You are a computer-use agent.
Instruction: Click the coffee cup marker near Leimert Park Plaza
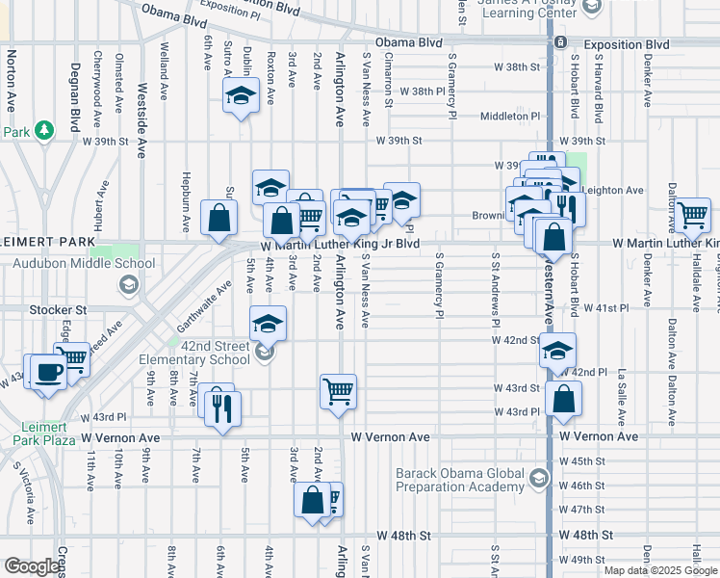coord(48,372)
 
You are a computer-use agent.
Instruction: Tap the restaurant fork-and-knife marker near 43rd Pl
coord(223,408)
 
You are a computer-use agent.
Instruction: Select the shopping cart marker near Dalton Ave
coord(692,216)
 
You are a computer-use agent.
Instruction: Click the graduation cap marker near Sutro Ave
coord(241,96)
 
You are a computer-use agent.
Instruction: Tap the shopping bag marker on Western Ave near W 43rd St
coord(563,398)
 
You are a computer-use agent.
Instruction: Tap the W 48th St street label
coord(403,535)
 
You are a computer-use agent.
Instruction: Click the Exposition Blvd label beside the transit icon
coord(627,44)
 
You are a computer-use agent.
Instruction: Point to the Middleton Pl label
coord(510,116)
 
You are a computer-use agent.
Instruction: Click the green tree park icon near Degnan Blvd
coord(42,130)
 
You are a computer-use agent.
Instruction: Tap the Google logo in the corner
coord(33,566)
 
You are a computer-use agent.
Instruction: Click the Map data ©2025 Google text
coord(660,570)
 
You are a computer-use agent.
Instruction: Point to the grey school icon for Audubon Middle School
coord(127,283)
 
